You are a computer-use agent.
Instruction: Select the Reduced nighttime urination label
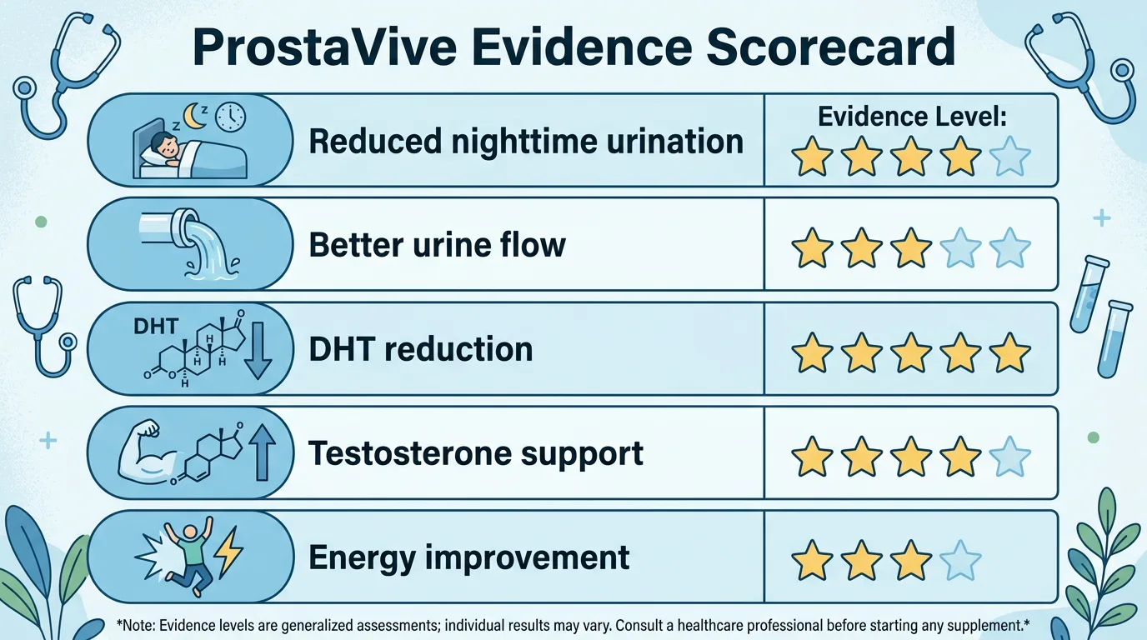526,141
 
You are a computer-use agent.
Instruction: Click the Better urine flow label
437,245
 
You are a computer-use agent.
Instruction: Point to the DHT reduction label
420,349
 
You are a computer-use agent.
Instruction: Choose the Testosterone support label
475,453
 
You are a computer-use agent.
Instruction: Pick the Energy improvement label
468,557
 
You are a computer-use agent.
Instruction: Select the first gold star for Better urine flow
811,248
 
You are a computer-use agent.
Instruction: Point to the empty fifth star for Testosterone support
1010,457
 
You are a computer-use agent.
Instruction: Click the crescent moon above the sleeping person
194,118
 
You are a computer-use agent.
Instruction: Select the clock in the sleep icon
230,118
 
